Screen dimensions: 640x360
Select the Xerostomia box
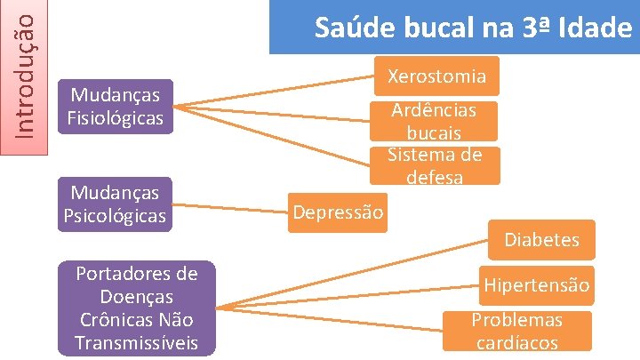coord(436,76)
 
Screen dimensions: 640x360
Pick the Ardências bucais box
coord(434,121)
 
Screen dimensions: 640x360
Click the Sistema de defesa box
coord(434,165)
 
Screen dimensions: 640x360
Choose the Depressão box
coord(338,212)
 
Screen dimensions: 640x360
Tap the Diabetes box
coord(541,239)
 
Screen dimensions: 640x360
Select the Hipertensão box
coord(536,285)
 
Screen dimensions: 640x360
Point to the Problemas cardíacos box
coord(516,331)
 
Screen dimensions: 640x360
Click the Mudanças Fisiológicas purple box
coord(115,107)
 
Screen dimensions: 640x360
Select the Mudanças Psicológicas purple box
coord(115,204)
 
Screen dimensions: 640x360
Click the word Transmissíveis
coord(136,342)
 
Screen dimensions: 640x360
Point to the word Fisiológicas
coord(115,117)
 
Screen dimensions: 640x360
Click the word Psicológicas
coord(115,216)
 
